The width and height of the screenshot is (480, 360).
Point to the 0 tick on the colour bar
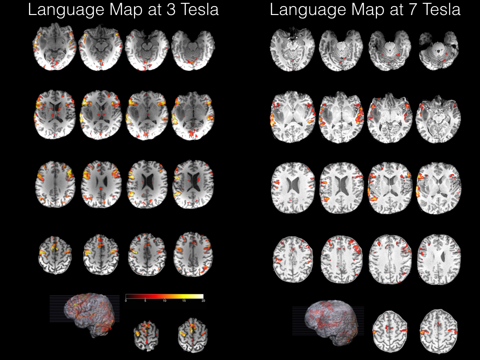(126, 301)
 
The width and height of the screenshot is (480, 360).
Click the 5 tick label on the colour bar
(145, 301)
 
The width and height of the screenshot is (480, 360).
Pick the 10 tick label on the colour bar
(165, 301)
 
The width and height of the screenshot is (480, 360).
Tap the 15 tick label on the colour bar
(184, 301)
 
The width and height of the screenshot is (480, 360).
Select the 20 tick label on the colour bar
(202, 301)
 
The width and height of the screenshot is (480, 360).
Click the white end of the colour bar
(201, 296)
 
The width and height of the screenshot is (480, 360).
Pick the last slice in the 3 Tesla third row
(193, 183)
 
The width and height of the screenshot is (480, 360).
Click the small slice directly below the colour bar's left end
(146, 334)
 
